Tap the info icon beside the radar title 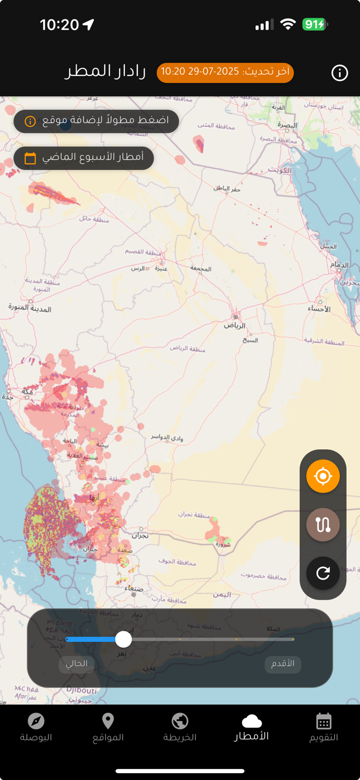[x=340, y=73]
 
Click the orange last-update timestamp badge [x=225, y=72]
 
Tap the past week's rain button [x=83, y=158]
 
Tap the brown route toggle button [x=323, y=524]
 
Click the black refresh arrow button [x=323, y=573]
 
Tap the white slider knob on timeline [x=123, y=639]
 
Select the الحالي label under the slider [x=76, y=664]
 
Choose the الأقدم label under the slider [x=283, y=664]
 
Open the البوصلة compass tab [x=36, y=727]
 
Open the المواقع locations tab [x=108, y=727]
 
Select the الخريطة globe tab [x=180, y=727]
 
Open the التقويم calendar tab [x=324, y=727]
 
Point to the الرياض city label [x=235, y=326]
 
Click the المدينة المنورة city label [x=30, y=308]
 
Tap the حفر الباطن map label [x=227, y=188]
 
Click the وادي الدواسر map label [x=167, y=438]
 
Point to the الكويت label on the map [x=279, y=170]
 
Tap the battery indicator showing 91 [x=314, y=24]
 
